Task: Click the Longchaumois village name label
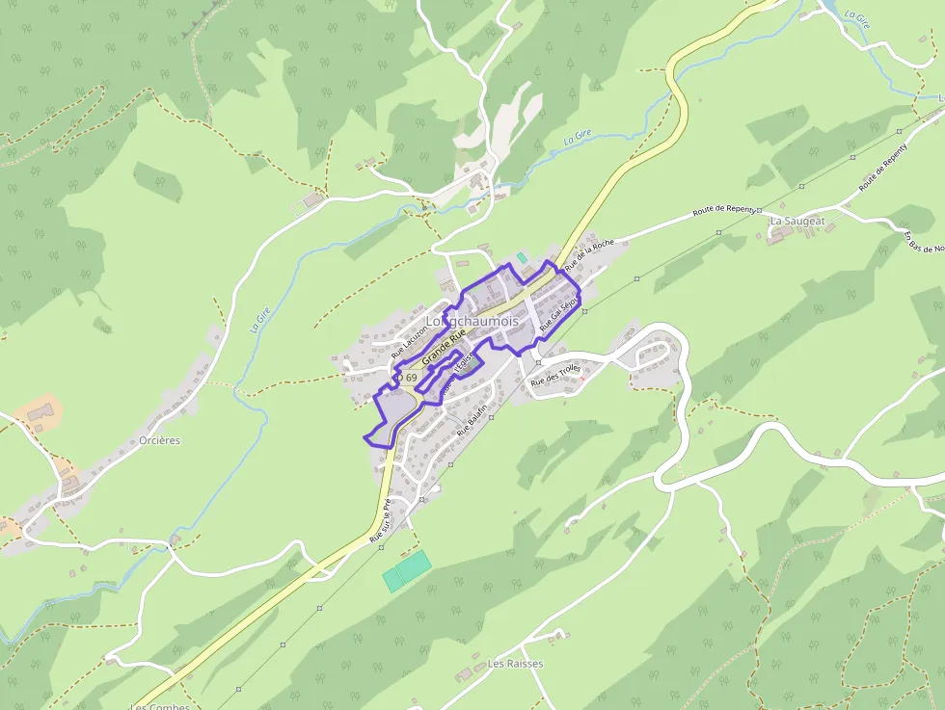472,321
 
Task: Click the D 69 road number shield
408,378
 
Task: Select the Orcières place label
160,440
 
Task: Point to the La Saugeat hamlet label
797,221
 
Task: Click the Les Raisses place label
515,664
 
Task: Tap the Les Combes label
160,706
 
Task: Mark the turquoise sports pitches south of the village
406,569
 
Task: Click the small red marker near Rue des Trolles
582,378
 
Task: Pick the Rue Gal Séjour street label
559,314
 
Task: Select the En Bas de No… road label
924,242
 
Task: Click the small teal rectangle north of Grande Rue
522,257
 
